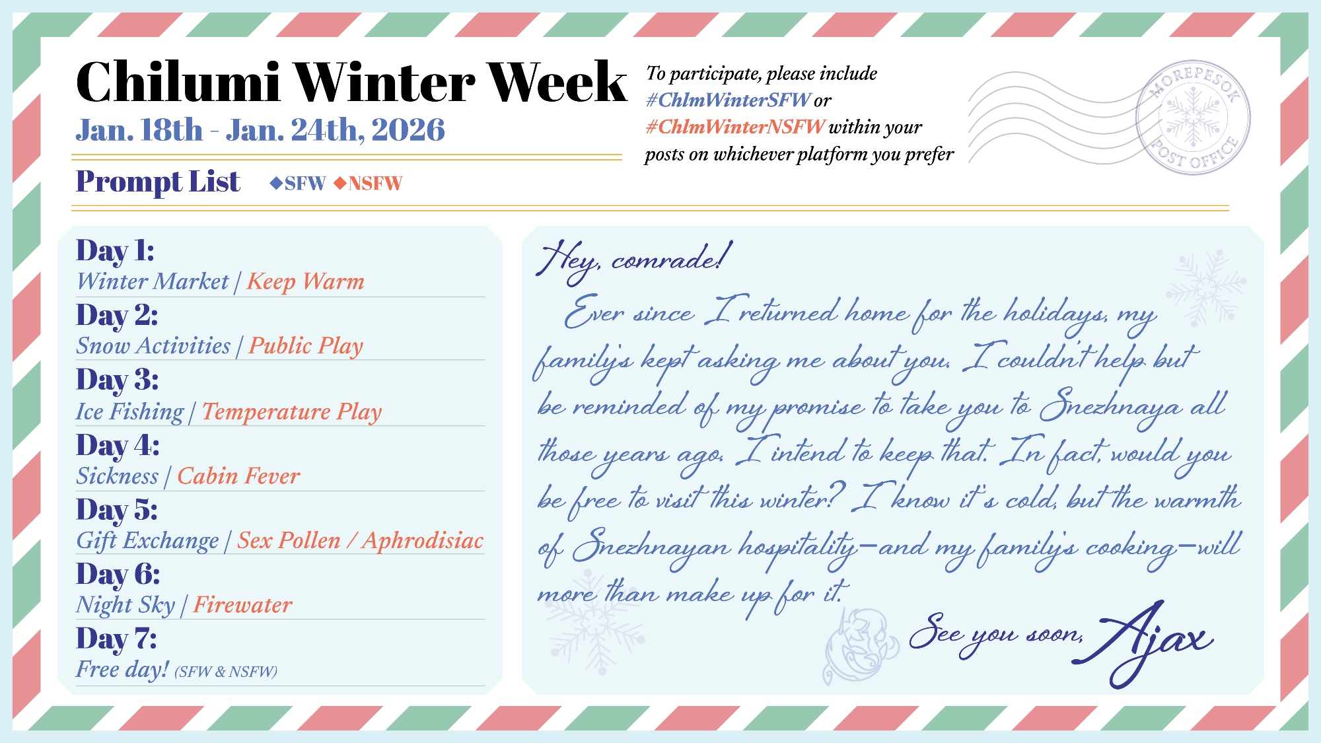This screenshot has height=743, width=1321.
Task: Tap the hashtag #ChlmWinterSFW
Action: point(728,100)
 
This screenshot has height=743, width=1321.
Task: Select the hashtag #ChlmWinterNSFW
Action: point(735,127)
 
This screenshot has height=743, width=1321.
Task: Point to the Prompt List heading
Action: point(158,182)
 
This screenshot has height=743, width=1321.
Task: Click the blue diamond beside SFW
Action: point(276,183)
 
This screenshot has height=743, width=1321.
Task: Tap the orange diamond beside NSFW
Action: point(340,183)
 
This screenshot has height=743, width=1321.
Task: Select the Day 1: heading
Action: point(116,251)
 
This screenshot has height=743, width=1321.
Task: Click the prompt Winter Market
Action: point(153,282)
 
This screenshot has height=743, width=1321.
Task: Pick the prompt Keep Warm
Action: point(306,282)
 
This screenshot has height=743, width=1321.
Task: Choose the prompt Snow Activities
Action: point(153,345)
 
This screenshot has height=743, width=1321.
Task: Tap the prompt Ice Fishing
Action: point(130,411)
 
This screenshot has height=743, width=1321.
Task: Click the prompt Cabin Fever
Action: point(238,476)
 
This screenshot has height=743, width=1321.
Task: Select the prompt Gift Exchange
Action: point(147,541)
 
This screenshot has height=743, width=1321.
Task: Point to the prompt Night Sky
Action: point(125,605)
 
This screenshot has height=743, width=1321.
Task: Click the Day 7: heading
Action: point(117,639)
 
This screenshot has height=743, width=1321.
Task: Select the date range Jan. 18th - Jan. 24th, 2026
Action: point(260,130)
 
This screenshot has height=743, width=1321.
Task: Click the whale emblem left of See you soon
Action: point(861,645)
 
